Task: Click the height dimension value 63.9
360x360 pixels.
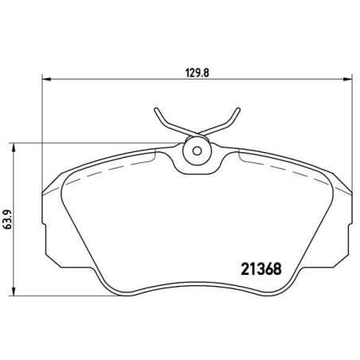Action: pyautogui.click(x=9, y=220)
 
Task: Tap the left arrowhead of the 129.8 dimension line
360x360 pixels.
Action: pyautogui.click(x=44, y=79)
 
